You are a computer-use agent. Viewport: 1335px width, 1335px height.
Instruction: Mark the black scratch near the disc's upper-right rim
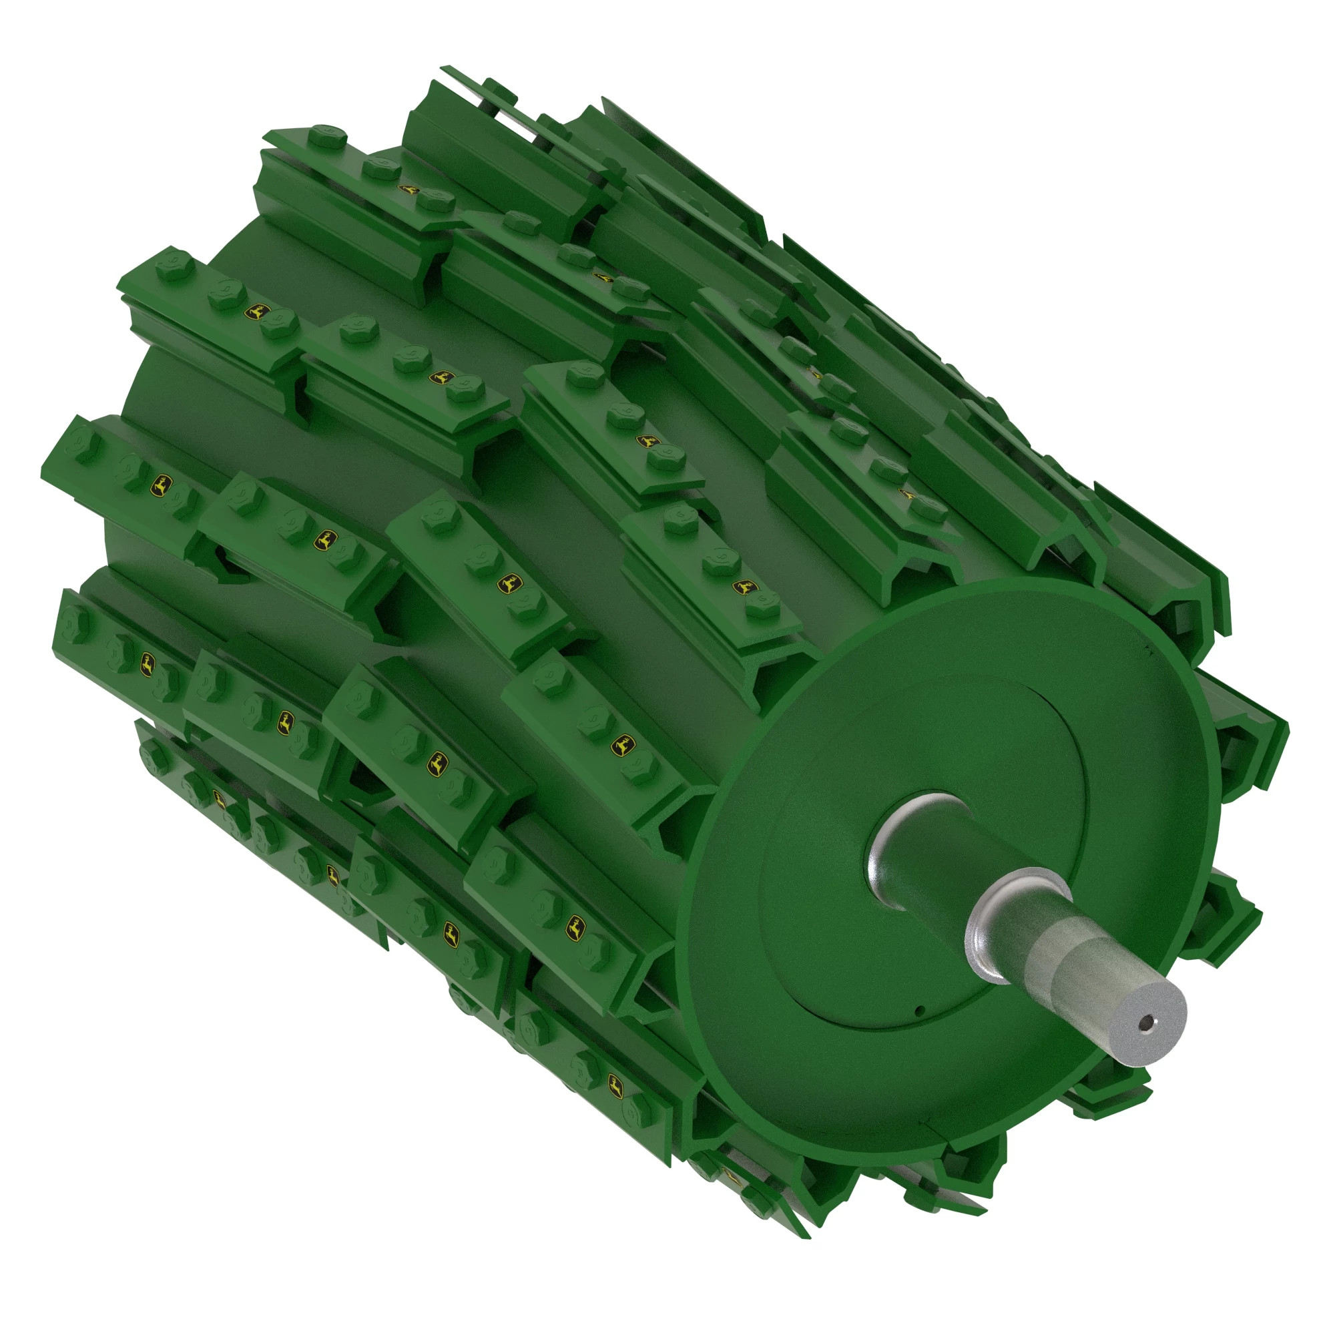point(1147,649)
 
